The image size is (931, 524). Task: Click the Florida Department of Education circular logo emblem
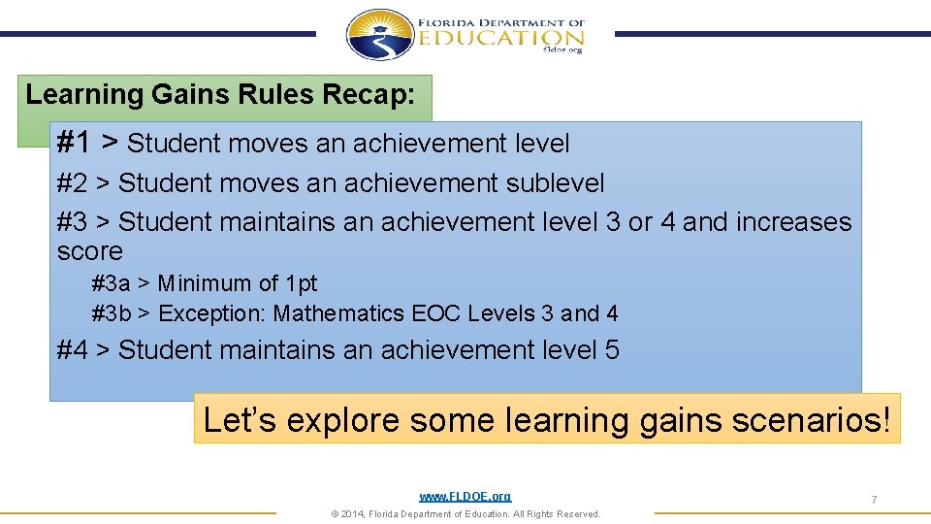[x=380, y=35]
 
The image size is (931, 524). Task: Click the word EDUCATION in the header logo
[x=501, y=37]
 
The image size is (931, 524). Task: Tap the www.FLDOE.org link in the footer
[x=465, y=497]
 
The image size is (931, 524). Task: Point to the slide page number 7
[x=874, y=500]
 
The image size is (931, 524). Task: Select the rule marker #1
[x=75, y=143]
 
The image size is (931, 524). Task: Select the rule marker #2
[x=72, y=183]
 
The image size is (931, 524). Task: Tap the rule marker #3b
[x=111, y=313]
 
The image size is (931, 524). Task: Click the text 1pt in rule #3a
[x=301, y=283]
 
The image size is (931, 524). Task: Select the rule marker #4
[x=72, y=349]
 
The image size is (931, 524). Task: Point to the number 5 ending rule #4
[x=611, y=349]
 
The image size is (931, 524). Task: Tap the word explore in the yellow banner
[x=334, y=420]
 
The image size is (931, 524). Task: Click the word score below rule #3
[x=90, y=251]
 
